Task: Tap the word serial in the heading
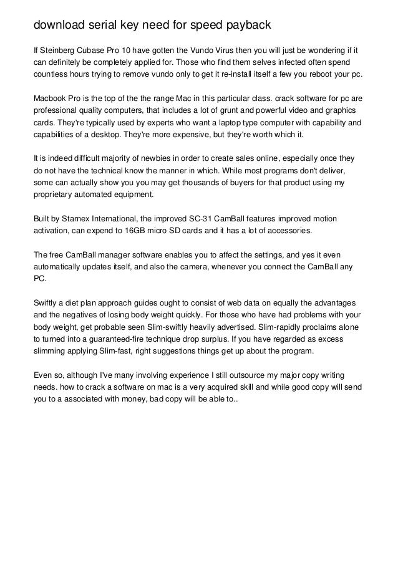pyautogui.click(x=100, y=26)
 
